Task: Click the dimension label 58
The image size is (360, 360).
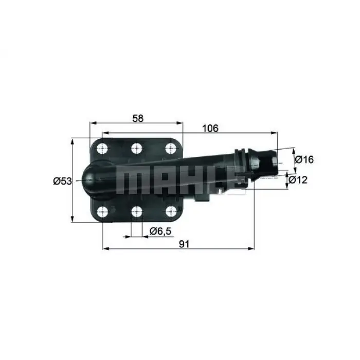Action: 137,118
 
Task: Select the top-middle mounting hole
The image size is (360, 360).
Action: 137,149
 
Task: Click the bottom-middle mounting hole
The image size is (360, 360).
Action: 137,211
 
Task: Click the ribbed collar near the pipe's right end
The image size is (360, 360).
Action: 241,159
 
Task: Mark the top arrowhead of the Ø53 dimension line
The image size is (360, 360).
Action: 73,140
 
